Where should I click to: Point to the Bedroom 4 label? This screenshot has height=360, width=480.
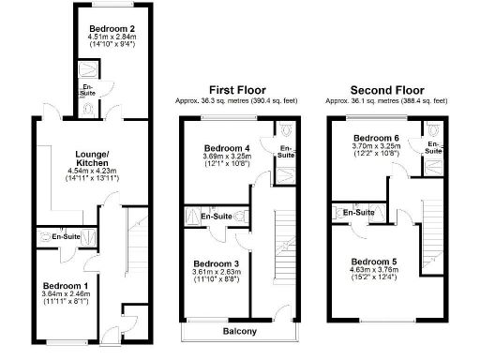click(x=228, y=148)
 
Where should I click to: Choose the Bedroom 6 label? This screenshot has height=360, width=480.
click(x=378, y=138)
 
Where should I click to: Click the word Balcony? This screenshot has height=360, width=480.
click(x=240, y=332)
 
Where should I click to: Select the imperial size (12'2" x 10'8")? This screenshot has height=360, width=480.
click(x=378, y=156)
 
